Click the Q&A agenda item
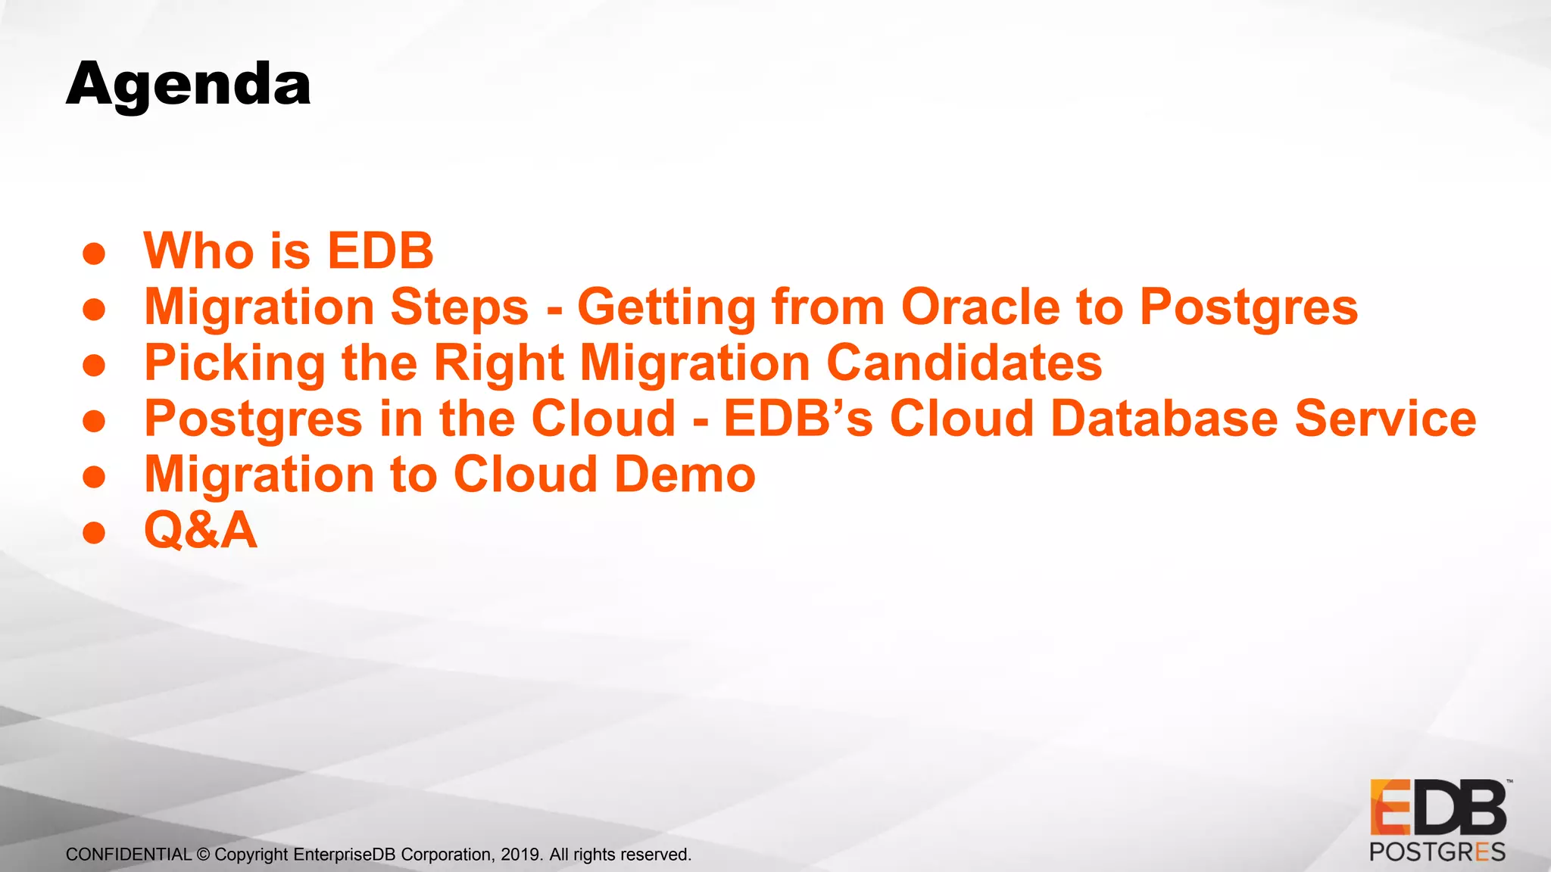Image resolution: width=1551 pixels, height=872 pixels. [x=201, y=530]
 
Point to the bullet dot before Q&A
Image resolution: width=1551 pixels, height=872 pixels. [x=94, y=533]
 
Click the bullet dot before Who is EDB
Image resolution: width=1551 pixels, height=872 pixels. [x=94, y=254]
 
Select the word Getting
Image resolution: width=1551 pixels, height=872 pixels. [x=666, y=309]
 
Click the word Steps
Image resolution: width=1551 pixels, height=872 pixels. [x=460, y=309]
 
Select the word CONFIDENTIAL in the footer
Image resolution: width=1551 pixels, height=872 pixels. [x=129, y=855]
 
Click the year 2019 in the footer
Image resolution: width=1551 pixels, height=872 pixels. [x=520, y=855]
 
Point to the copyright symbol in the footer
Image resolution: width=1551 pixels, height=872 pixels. [x=203, y=855]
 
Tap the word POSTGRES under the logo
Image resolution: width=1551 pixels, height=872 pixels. [x=1437, y=852]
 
